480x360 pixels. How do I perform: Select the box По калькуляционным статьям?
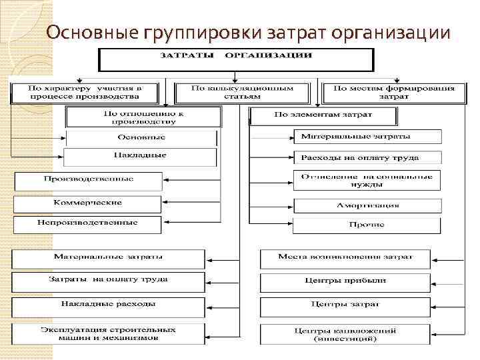coord(241,93)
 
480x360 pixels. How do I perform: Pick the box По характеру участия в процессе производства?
coord(84,93)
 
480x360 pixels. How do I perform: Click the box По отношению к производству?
coord(143,117)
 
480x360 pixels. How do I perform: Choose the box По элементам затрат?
coord(323,115)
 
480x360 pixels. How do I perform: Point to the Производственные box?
coord(88,180)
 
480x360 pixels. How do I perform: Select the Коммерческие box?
coord(88,203)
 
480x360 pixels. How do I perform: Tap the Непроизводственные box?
coord(88,223)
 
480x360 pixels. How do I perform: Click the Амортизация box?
coord(367,205)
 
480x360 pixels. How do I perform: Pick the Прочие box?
coord(367,225)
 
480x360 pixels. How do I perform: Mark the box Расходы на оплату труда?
coord(367,159)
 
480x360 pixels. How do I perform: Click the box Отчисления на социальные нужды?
coord(367,180)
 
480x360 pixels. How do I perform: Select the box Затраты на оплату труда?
coord(108,280)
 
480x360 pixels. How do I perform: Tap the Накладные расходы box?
coord(108,305)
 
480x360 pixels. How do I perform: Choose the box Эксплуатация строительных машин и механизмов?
coord(108,333)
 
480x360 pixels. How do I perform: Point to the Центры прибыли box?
coord(345,281)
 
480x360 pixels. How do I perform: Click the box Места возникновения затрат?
coord(345,257)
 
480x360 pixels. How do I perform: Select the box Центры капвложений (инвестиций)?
coord(345,334)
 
